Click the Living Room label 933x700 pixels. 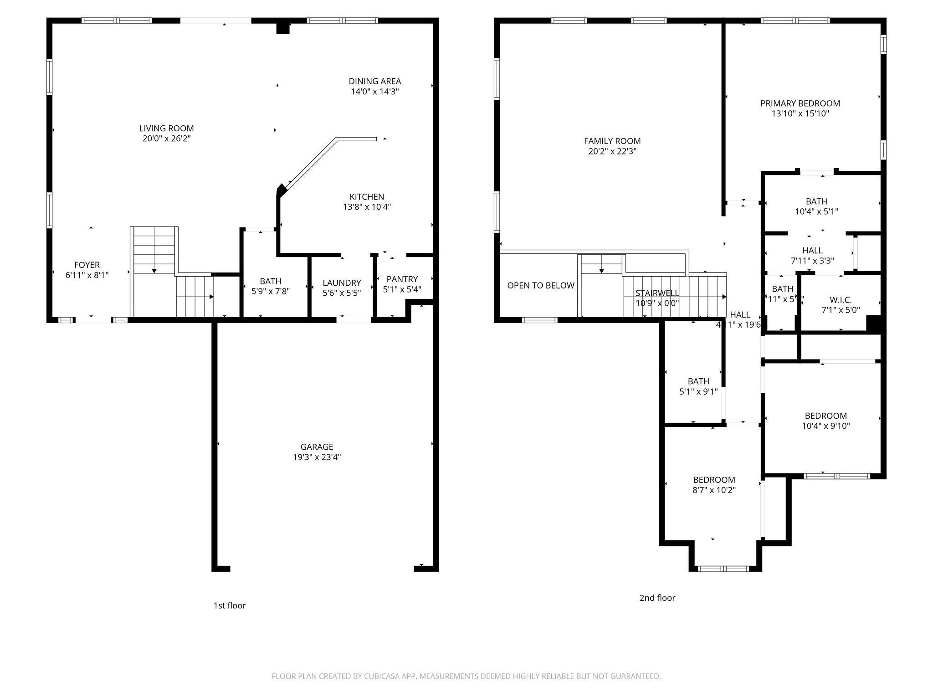pos(166,129)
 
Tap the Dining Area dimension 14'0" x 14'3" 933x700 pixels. pos(374,92)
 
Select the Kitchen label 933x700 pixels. pos(367,196)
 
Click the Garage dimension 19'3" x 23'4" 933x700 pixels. pos(317,457)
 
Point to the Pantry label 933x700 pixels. pos(402,279)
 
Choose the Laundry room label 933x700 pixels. pos(342,283)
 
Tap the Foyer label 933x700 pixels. pos(87,265)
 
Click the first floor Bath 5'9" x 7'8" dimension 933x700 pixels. pos(271,291)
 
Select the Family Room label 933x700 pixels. pos(612,141)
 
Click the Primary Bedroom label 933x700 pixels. pos(800,103)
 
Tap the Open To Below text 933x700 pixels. pos(541,285)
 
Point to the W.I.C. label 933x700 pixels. pos(841,300)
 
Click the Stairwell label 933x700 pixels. pos(657,293)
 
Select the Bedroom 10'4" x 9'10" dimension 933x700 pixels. pos(825,426)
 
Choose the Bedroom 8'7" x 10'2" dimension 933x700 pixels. pos(714,490)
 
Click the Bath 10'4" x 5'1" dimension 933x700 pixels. pos(816,211)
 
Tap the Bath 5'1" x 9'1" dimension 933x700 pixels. pos(698,391)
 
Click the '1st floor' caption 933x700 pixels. pos(230,605)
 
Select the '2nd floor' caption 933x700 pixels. pos(657,597)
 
